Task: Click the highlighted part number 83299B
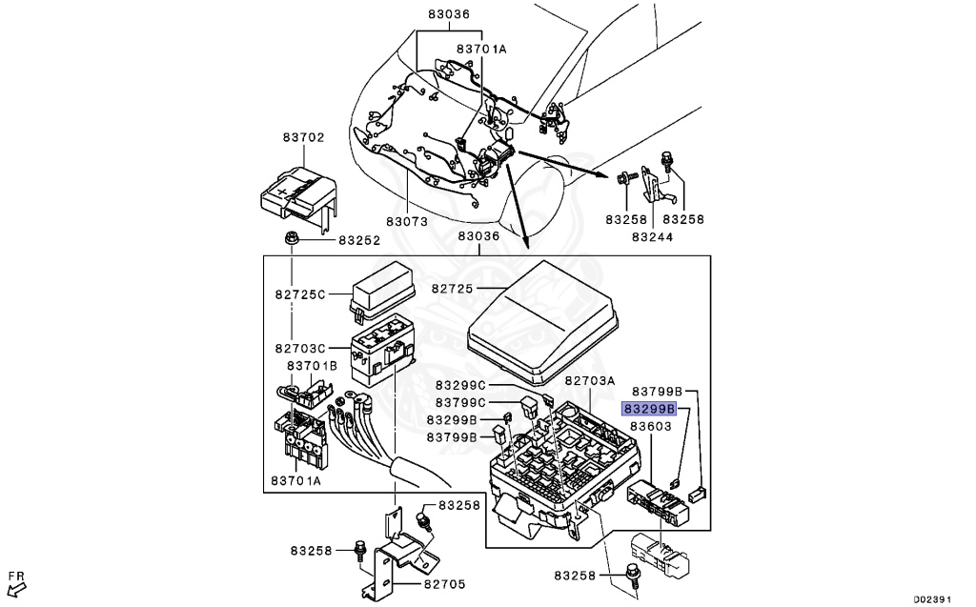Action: [649, 409]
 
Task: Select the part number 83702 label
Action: [304, 137]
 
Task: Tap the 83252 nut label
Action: [359, 240]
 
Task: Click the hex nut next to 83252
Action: [290, 238]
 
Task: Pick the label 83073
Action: [406, 221]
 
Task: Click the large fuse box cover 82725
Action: [542, 321]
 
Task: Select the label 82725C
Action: [300, 293]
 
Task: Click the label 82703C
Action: [300, 349]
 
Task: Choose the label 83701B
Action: [312, 366]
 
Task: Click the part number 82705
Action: [444, 584]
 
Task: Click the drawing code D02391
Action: [932, 599]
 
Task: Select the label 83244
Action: [652, 236]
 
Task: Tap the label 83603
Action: [651, 426]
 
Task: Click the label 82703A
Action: [590, 380]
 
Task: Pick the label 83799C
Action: [460, 402]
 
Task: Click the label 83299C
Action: [460, 385]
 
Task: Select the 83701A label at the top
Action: [481, 49]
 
